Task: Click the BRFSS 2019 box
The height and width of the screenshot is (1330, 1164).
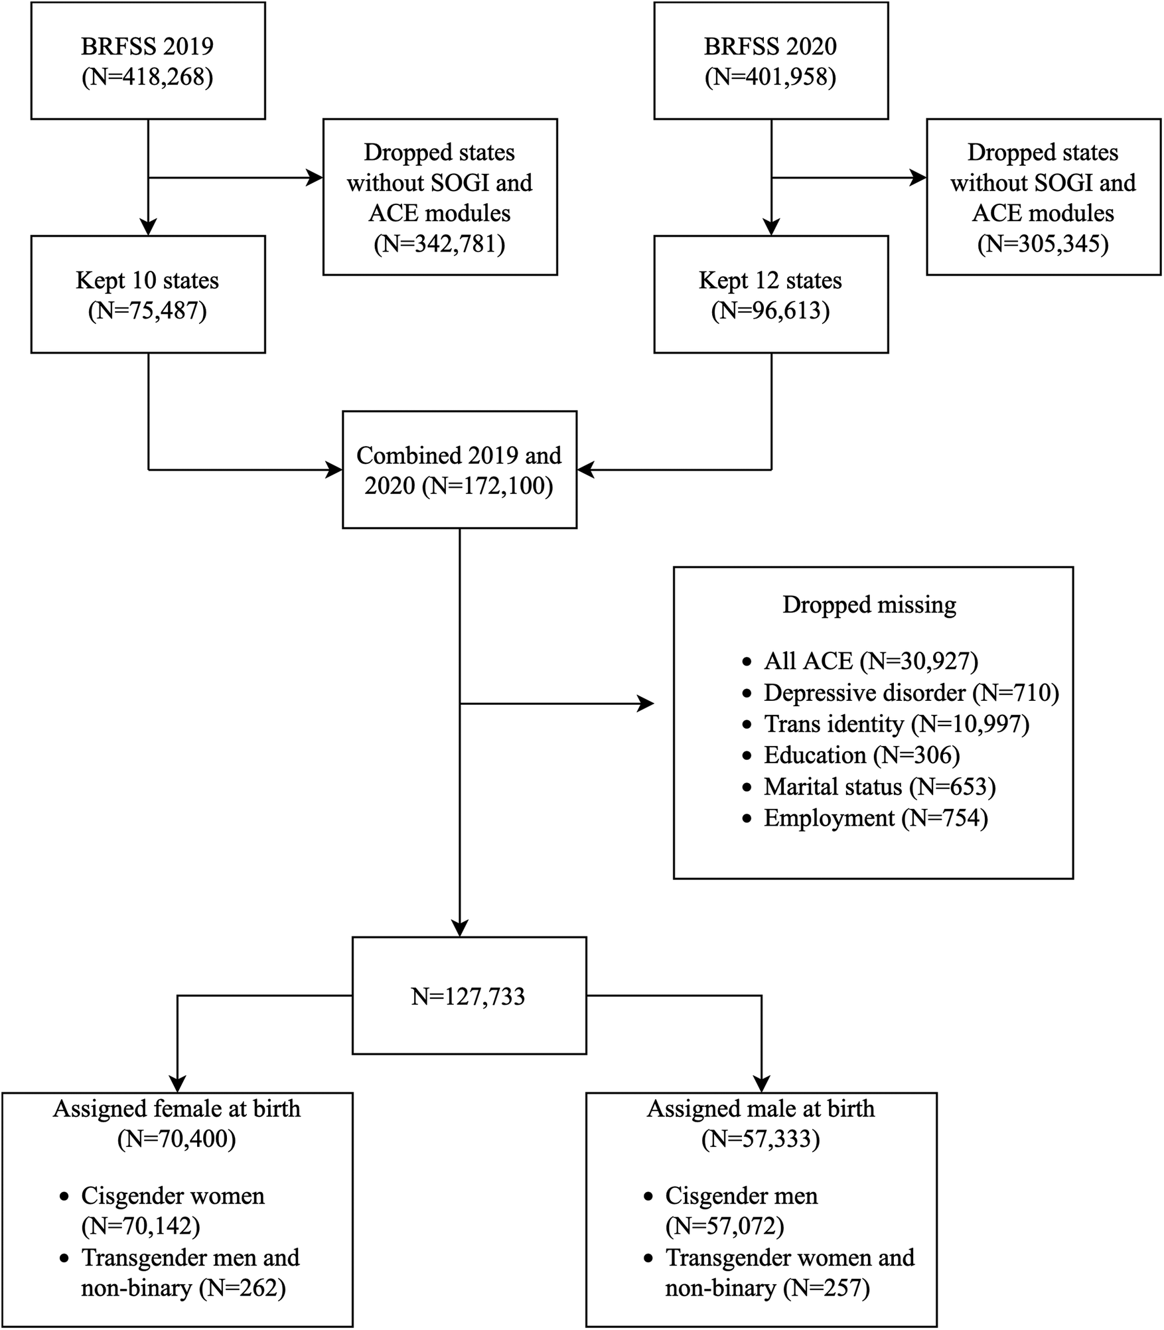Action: (148, 61)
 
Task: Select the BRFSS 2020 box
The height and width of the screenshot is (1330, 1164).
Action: (770, 61)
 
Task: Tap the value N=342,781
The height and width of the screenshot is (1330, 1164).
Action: (439, 244)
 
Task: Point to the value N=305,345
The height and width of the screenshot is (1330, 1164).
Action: (1043, 244)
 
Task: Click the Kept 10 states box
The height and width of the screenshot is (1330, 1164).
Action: (148, 295)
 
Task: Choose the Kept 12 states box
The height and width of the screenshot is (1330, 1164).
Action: (770, 295)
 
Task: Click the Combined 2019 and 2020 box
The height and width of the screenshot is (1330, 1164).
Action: (459, 471)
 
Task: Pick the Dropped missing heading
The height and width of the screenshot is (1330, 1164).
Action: (869, 605)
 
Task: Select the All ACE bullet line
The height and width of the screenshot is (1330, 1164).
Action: (871, 661)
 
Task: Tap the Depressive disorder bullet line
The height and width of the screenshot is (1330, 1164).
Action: (910, 693)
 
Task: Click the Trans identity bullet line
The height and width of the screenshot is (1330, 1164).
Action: (896, 724)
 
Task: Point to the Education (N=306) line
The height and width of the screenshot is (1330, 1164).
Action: (861, 755)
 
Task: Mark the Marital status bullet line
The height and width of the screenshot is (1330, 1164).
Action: (879, 787)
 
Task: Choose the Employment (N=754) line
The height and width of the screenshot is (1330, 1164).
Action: (875, 818)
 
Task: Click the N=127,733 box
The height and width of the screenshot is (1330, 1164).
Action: (469, 996)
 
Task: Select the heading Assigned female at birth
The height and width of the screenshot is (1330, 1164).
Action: (177, 1109)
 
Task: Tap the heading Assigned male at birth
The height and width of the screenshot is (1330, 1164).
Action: (761, 1109)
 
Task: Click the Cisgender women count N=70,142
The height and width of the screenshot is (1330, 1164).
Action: (141, 1226)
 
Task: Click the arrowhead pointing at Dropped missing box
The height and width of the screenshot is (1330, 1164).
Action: (646, 703)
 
